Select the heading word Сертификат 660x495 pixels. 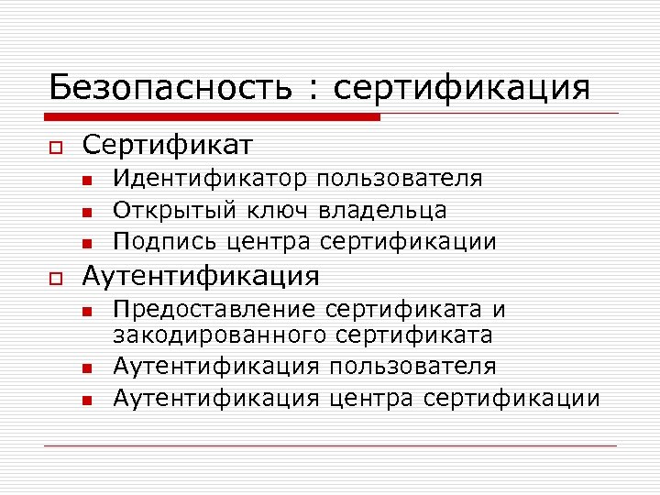[168, 145]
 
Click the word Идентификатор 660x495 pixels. [211, 179]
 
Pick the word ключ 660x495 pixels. [280, 211]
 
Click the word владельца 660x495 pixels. [383, 211]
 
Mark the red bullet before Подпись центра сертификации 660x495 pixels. [86, 244]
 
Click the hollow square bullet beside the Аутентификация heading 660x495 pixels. [55, 277]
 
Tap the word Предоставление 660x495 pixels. [214, 310]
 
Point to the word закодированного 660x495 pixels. [221, 335]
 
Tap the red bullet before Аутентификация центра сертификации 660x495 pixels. [86, 400]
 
